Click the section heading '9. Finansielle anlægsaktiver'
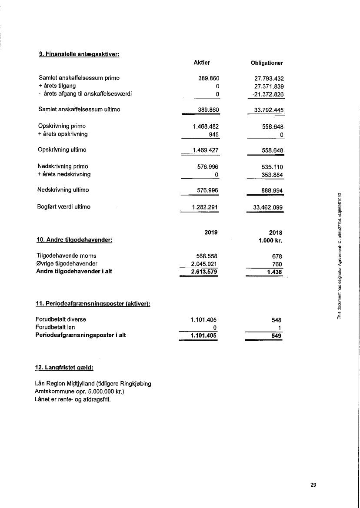(x=79, y=54)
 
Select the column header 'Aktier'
(x=201, y=63)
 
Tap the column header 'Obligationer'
(x=267, y=63)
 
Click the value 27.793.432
(x=269, y=78)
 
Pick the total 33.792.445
(x=269, y=110)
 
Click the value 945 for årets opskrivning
(x=213, y=134)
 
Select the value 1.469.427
(x=205, y=150)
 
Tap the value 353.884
(x=272, y=174)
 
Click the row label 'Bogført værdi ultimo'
(x=64, y=207)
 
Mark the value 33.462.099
(x=268, y=207)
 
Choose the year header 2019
(x=210, y=232)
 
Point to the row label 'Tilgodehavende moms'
(x=67, y=256)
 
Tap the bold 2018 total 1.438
(x=274, y=272)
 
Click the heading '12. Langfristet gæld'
(x=63, y=368)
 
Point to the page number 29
(x=313, y=485)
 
